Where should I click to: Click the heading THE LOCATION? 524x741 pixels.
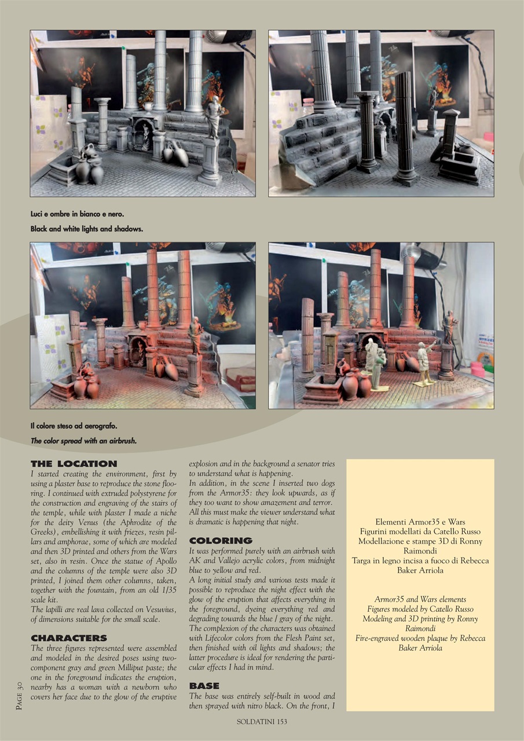(x=74, y=464)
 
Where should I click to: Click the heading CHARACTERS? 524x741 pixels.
(x=68, y=638)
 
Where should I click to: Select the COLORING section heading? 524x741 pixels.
(x=221, y=541)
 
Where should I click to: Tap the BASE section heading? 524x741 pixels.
(x=204, y=686)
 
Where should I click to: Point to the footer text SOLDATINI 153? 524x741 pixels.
(x=262, y=721)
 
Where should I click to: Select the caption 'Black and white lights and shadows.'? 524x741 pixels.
(x=86, y=229)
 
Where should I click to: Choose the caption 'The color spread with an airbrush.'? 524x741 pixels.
(x=83, y=441)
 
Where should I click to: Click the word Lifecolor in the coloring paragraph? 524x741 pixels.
(x=219, y=637)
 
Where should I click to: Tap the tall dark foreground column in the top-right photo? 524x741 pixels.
(x=405, y=124)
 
